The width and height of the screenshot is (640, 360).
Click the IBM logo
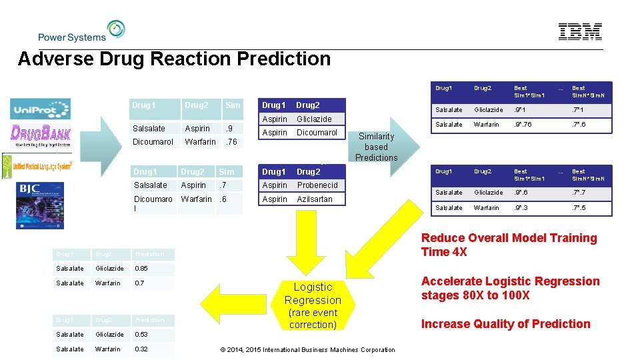point(580,32)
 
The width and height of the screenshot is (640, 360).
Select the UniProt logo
point(40,109)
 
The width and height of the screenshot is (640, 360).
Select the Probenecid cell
point(317,185)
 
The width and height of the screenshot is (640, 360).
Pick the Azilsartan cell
point(315,199)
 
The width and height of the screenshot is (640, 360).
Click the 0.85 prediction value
point(142,269)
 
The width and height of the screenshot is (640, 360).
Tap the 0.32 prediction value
point(142,349)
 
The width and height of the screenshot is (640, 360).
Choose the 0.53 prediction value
point(142,334)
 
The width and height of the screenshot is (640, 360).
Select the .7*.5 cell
point(581,207)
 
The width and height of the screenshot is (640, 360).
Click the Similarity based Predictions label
point(376,147)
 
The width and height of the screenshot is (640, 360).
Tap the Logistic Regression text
point(313,293)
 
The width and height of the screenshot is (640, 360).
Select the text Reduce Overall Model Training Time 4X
point(509,245)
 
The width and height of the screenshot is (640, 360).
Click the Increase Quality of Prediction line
point(505,324)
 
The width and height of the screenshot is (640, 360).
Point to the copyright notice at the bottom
point(307,349)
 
